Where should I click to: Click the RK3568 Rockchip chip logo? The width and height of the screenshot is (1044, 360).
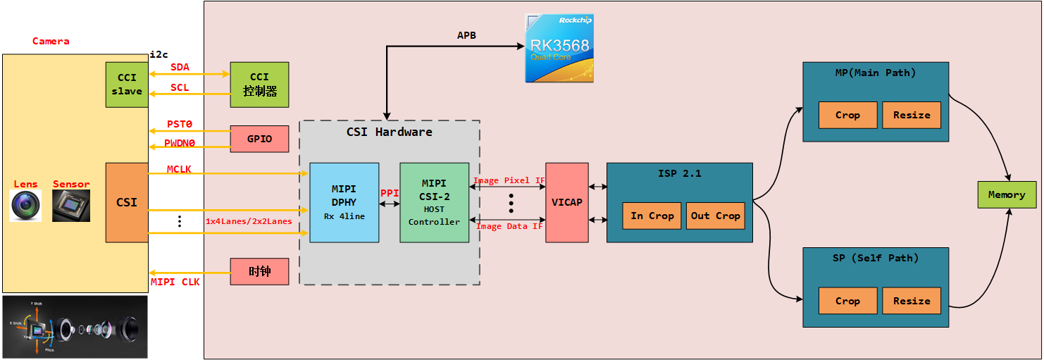tap(559, 49)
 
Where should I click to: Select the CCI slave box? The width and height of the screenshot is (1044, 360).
tap(127, 85)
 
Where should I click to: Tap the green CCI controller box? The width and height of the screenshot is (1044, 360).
tap(259, 85)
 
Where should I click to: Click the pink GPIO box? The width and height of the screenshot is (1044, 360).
tap(259, 139)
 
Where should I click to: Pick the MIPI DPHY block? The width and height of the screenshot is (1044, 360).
tap(344, 203)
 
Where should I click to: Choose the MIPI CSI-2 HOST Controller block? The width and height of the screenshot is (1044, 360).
tap(434, 203)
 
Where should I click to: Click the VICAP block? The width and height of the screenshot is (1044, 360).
tap(566, 203)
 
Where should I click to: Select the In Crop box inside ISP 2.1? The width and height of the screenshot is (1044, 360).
tap(652, 216)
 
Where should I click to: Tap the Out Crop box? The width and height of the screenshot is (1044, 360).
tap(716, 216)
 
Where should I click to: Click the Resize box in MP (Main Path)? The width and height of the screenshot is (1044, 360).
tap(912, 115)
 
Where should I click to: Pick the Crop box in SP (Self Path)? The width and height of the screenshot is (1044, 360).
tap(847, 301)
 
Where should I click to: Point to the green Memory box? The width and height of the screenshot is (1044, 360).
tap(1007, 194)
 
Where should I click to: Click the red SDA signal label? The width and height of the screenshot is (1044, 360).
tap(180, 67)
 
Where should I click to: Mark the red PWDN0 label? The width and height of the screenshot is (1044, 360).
tap(180, 142)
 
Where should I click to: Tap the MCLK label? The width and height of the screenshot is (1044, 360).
tap(180, 169)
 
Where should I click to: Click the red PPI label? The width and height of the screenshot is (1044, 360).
tap(390, 192)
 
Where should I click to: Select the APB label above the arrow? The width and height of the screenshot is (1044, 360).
tap(466, 35)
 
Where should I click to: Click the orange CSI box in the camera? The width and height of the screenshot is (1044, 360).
tap(127, 203)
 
